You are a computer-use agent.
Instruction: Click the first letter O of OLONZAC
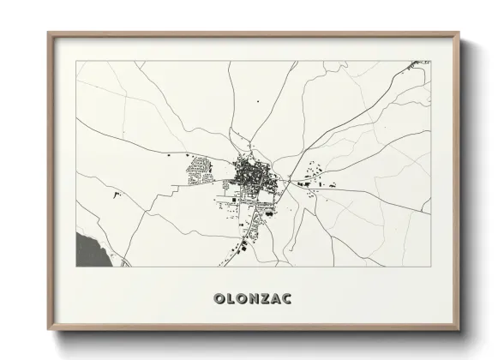tap(218, 299)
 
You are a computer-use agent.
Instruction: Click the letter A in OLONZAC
tap(277, 299)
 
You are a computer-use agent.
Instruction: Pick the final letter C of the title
tap(289, 299)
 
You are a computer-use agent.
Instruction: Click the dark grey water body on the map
tap(88, 249)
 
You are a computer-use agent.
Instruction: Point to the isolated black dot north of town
tap(258, 102)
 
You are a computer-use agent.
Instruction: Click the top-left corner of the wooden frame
tap(48, 33)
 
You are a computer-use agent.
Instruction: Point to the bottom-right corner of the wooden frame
tap(459, 330)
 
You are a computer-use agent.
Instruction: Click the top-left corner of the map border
tap(76, 61)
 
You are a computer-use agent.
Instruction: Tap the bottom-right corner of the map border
tap(430, 267)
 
